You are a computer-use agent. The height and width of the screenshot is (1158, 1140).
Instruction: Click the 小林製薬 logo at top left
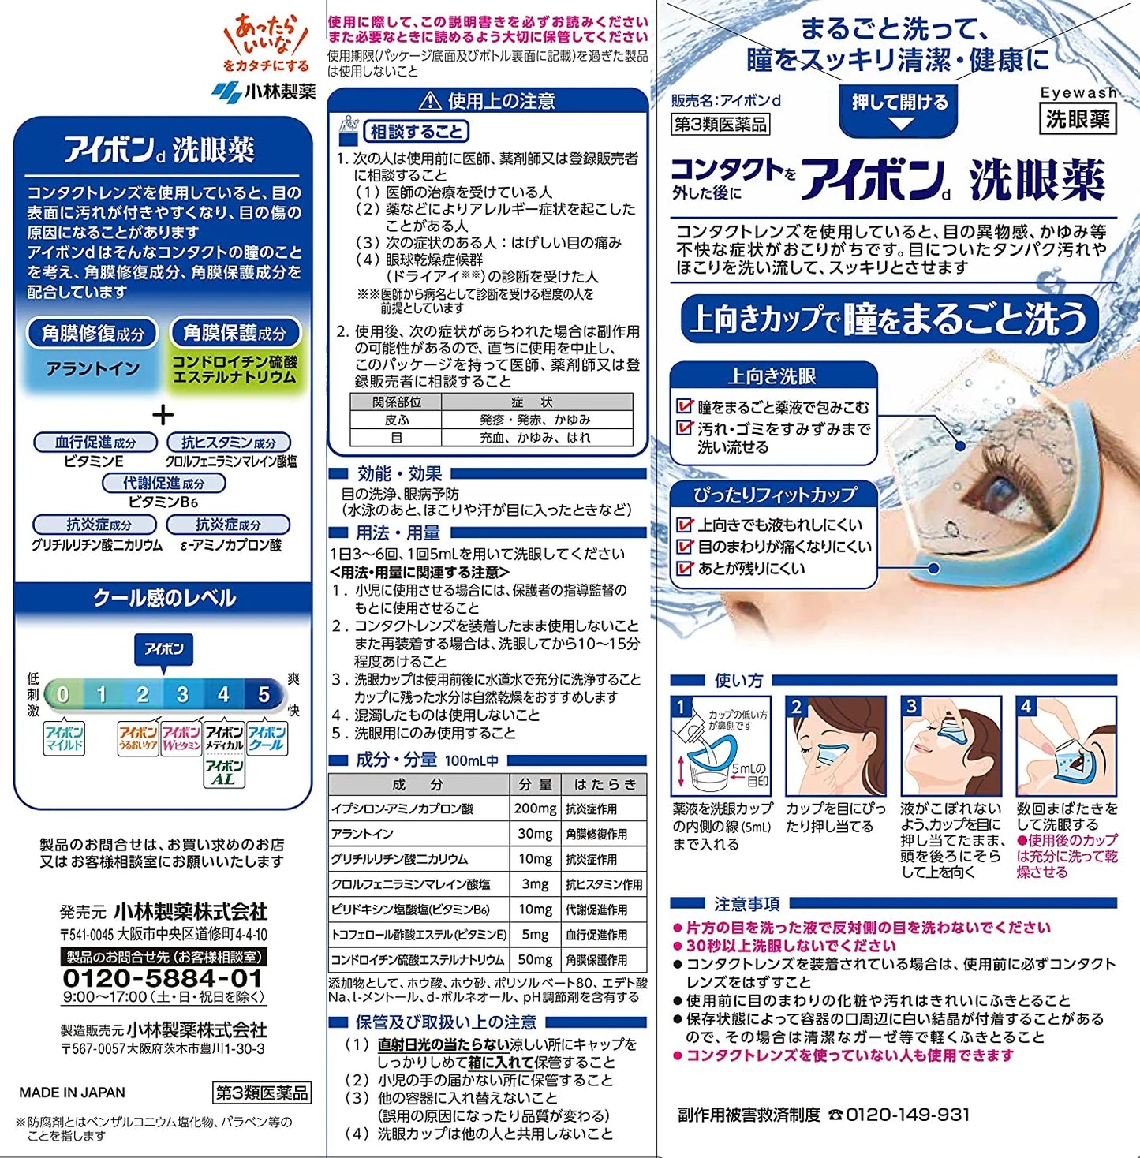point(264,92)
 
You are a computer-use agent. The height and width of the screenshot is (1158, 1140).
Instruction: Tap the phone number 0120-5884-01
point(163,978)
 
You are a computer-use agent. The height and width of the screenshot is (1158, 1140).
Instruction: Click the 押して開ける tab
point(899,103)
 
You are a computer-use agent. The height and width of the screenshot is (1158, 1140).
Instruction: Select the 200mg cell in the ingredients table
point(536,809)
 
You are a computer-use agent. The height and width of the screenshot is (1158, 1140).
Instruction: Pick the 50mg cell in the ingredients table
point(536,960)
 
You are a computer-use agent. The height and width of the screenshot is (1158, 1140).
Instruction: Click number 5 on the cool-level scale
point(264,695)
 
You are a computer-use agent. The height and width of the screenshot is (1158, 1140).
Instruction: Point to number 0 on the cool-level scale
point(63,695)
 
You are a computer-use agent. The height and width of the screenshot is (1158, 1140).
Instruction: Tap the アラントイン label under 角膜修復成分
point(93,368)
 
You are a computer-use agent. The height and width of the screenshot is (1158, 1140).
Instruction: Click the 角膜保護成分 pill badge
point(235,333)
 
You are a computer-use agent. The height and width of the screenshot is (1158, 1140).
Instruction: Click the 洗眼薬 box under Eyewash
point(1078,119)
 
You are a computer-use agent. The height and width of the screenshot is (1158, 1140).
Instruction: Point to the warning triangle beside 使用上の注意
point(430,101)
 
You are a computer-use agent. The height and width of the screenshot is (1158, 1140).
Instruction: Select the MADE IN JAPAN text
point(72,1093)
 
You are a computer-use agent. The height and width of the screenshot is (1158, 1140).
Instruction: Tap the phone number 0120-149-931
point(907,1115)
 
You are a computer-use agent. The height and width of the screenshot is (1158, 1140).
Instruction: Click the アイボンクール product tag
point(267,738)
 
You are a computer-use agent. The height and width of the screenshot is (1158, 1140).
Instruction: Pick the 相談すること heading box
point(416,132)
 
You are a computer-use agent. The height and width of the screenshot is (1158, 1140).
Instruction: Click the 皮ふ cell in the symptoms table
point(396,420)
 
